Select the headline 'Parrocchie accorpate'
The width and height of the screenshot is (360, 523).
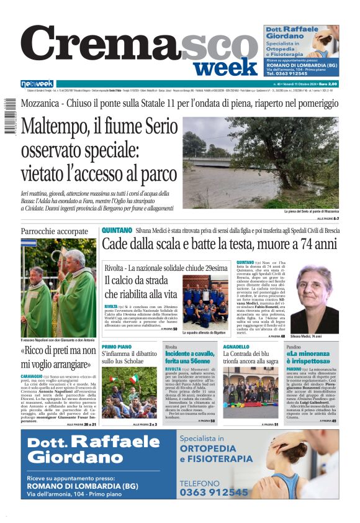55,232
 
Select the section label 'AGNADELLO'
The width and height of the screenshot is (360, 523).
236,347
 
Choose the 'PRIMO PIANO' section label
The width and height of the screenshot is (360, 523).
117,347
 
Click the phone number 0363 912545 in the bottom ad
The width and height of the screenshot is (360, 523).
214,492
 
